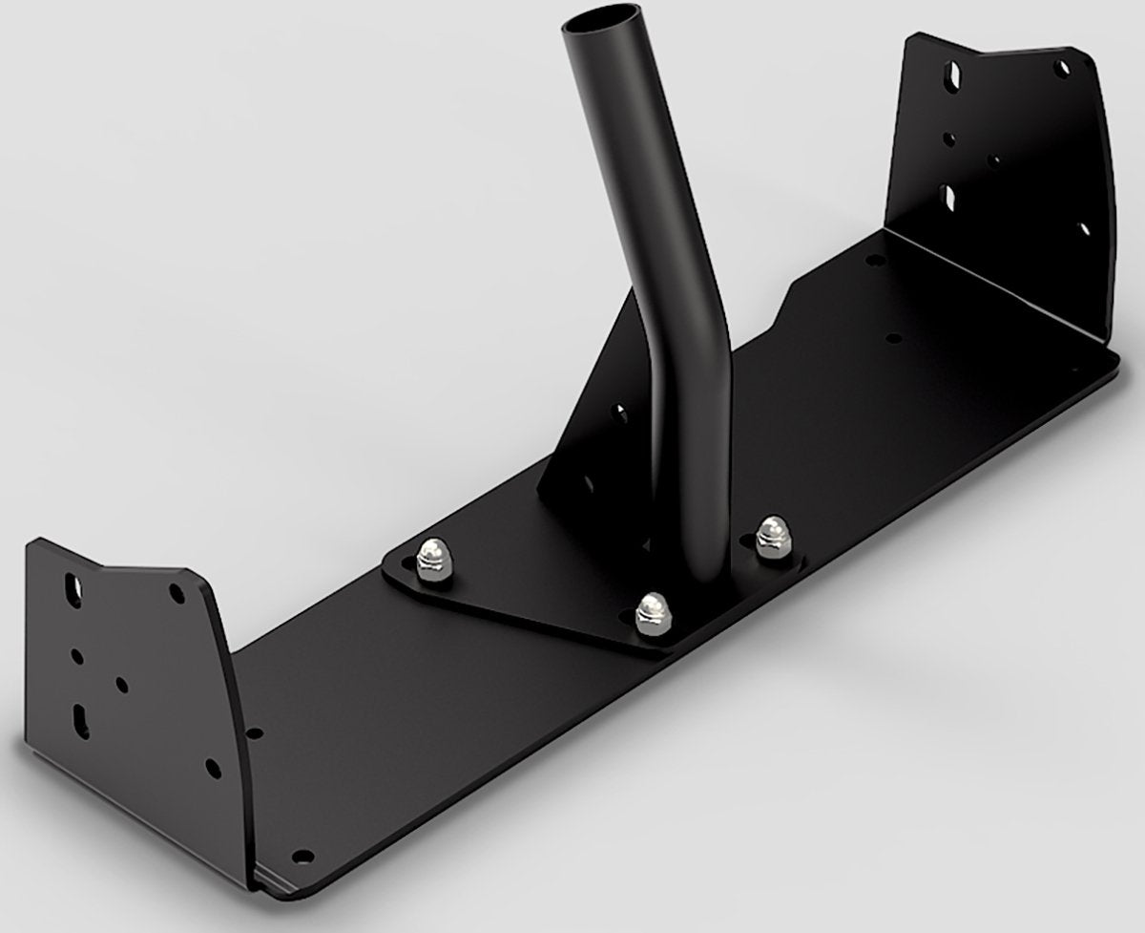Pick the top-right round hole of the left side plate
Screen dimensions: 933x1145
[x=176, y=592]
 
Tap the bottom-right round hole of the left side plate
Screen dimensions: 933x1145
[x=211, y=764]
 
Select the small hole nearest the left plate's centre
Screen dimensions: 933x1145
[x=121, y=685]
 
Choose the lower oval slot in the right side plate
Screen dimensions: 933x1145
[x=952, y=196]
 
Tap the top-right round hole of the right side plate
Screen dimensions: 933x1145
[x=1059, y=70]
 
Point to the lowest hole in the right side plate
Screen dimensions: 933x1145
[x=1084, y=229]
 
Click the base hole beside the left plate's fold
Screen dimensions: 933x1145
[x=254, y=733]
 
